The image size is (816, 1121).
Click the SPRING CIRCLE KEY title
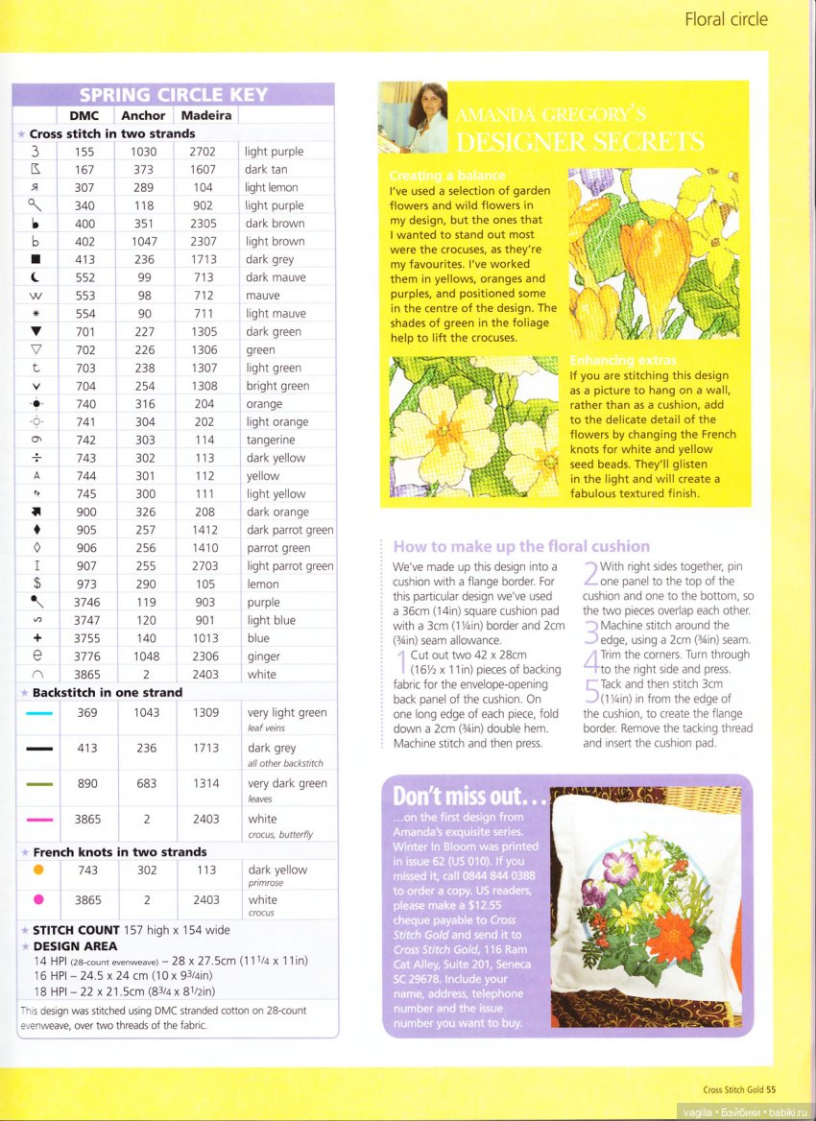coord(174,94)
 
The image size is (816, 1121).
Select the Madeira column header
coord(205,115)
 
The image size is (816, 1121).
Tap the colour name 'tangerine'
coord(271,440)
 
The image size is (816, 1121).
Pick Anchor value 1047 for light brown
coord(144,242)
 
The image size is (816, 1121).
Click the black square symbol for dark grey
coord(36,260)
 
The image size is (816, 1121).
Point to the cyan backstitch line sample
coord(39,713)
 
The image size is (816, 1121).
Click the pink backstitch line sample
coord(39,820)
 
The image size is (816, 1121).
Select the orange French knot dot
coord(38,870)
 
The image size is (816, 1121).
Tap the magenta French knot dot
coord(38,900)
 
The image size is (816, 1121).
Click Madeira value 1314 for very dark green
coord(205,784)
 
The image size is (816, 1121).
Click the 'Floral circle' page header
coord(726,19)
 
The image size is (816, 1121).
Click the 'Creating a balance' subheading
coord(446,176)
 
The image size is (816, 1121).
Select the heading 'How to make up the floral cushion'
coord(521,546)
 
